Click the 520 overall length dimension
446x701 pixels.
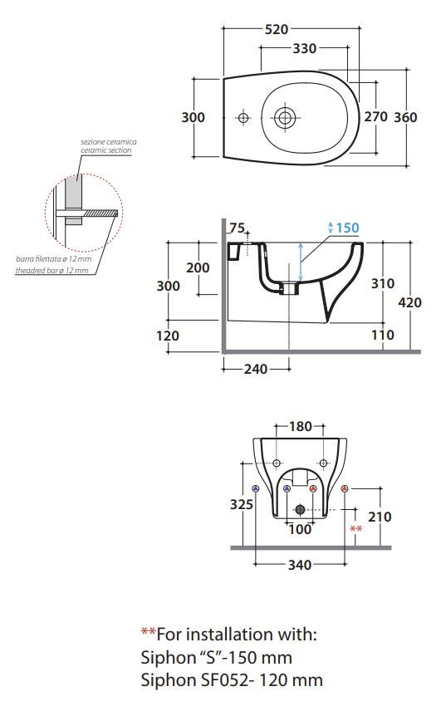pyautogui.click(x=277, y=30)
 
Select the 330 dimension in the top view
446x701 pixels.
pyautogui.click(x=304, y=48)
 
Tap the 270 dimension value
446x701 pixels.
pyautogui.click(x=376, y=116)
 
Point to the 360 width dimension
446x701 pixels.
pyautogui.click(x=405, y=117)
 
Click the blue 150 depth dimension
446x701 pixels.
pyautogui.click(x=348, y=228)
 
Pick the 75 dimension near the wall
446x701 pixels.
pyautogui.click(x=238, y=228)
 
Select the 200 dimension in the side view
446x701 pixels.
pyautogui.click(x=198, y=267)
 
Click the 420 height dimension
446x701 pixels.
pyautogui.click(x=409, y=302)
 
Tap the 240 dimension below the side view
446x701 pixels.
pyautogui.click(x=256, y=370)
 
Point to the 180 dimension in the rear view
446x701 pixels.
pyautogui.click(x=301, y=427)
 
